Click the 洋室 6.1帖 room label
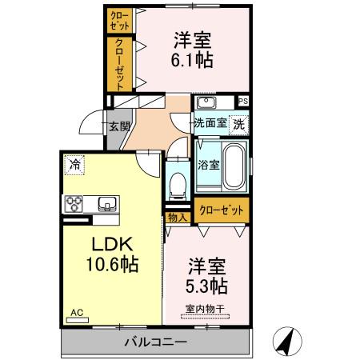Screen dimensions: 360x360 pyautogui.click(x=190, y=49)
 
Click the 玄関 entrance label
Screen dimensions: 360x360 pyautogui.click(x=119, y=125)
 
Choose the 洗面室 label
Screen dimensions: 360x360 pyautogui.click(x=210, y=124)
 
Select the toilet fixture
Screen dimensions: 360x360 pyautogui.click(x=179, y=185)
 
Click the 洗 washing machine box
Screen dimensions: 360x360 pyautogui.click(x=238, y=124)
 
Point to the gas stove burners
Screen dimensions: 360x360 pyautogui.click(x=74, y=202)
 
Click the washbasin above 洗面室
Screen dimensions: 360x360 pyautogui.click(x=206, y=102)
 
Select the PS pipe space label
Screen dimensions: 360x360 pyautogui.click(x=243, y=101)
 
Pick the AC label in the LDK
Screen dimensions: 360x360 pyautogui.click(x=77, y=313)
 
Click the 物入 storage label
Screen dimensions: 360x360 pyautogui.click(x=177, y=217)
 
